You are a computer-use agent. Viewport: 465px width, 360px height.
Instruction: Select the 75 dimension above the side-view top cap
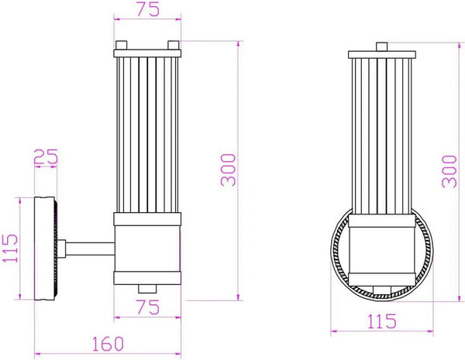pyautogui.click(x=147, y=10)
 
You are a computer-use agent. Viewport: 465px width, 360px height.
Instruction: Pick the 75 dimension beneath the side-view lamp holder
pyautogui.click(x=148, y=307)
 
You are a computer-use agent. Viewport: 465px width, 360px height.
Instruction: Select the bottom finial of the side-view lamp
pyautogui.click(x=147, y=287)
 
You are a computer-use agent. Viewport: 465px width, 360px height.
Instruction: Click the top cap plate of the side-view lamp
pyautogui.click(x=147, y=52)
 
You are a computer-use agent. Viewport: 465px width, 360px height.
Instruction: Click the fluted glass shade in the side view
pyautogui.click(x=147, y=132)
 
